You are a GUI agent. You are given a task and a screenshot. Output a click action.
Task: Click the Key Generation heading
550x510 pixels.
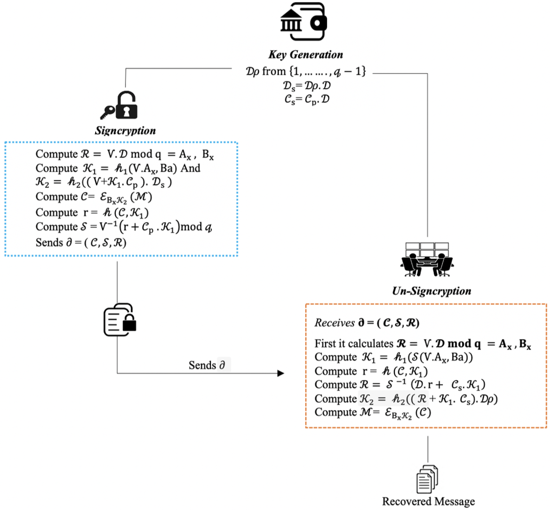(305, 55)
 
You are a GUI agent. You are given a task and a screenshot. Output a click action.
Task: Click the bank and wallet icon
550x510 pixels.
(303, 22)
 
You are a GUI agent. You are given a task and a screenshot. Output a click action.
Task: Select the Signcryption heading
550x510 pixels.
(125, 131)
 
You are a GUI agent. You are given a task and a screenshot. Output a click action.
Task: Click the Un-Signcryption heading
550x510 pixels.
(431, 291)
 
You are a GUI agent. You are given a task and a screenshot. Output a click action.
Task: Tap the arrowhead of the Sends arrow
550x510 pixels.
(281, 373)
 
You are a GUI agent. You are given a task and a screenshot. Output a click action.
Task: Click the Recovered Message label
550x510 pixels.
(428, 501)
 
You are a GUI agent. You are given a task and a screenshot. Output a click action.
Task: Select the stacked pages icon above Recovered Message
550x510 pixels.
(427, 479)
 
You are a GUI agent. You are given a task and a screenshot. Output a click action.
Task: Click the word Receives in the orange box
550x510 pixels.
(334, 323)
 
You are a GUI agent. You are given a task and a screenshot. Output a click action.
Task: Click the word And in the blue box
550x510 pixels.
(191, 168)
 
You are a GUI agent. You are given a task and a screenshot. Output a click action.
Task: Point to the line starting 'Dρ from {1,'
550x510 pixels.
(305, 72)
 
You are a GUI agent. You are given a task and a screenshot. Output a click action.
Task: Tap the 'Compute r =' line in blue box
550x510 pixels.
(92, 213)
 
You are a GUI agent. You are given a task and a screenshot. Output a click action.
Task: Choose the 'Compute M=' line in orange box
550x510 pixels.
(372, 413)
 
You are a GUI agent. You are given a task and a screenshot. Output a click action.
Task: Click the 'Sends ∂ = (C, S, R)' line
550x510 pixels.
(81, 243)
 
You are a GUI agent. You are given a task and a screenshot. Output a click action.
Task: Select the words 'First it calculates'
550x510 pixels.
(354, 344)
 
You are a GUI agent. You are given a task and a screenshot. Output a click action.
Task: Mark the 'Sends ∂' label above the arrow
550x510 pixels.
(207, 365)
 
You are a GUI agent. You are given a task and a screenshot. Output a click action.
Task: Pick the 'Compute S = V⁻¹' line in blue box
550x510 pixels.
(123, 227)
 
